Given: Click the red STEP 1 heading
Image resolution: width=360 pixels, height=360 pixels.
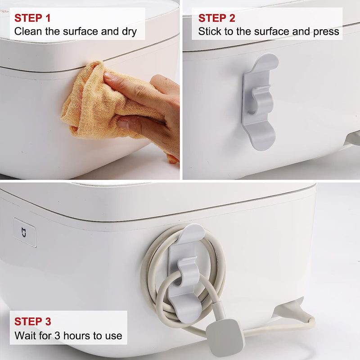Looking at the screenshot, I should [32, 18].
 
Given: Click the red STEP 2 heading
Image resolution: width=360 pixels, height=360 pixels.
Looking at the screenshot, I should [216, 18].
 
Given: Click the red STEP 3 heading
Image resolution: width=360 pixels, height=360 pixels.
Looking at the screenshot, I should [32, 321].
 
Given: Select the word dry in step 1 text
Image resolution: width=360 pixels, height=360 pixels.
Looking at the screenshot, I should [127, 32].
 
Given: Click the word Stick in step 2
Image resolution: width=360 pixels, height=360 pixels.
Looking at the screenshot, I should [209, 32].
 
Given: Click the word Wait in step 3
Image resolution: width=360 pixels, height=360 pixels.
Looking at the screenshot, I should [24, 335].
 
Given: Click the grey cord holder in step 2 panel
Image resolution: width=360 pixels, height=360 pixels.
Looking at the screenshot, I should [260, 101].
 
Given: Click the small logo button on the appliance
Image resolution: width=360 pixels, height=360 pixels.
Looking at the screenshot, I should [24, 232].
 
